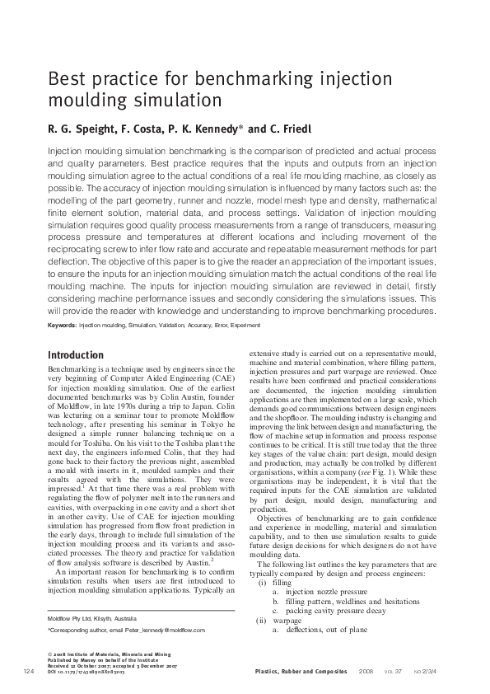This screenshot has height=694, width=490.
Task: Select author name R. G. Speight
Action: click(x=81, y=129)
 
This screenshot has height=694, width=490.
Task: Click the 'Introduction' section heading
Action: click(x=76, y=355)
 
